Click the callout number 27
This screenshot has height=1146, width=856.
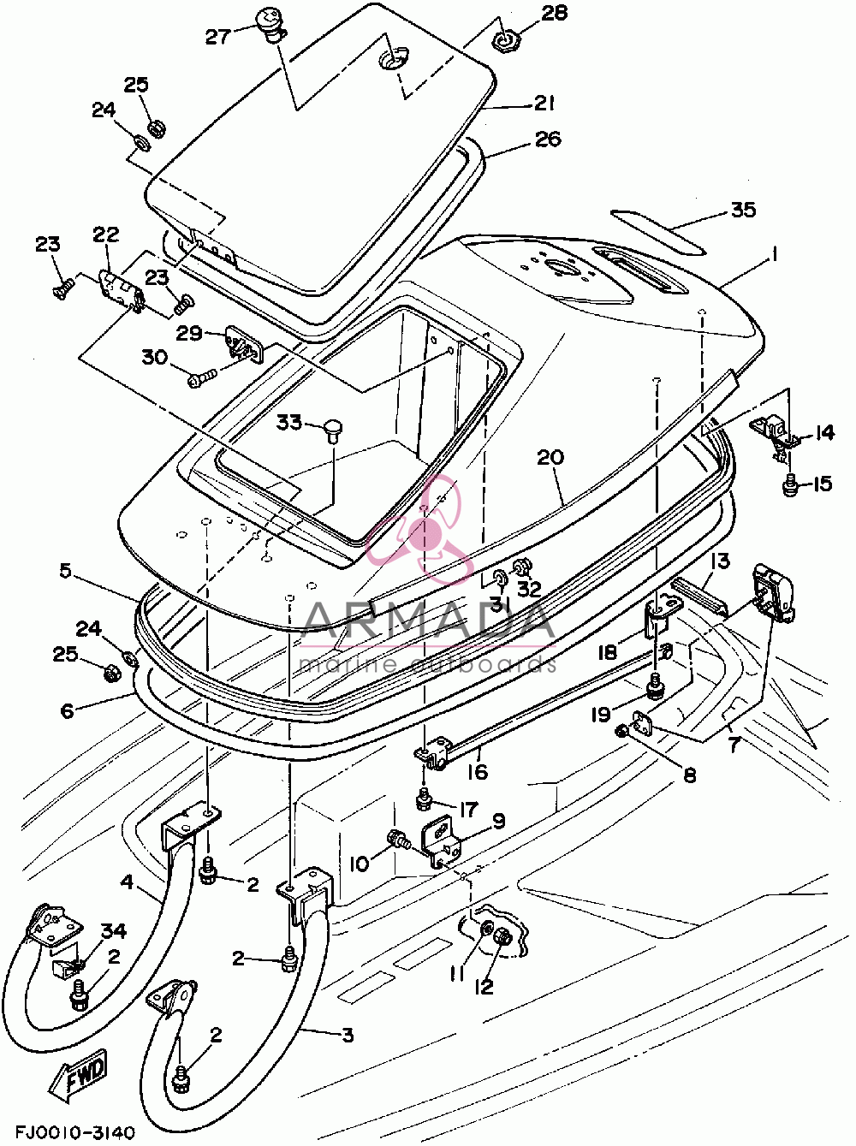click(218, 37)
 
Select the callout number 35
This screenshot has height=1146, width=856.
click(743, 210)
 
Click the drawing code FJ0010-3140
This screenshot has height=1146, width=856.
click(75, 1128)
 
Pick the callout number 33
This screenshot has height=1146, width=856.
click(289, 422)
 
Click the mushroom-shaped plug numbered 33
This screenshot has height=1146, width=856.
click(332, 429)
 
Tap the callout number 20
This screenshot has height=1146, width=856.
click(550, 457)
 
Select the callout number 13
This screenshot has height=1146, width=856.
click(720, 561)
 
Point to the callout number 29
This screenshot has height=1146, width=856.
click(189, 333)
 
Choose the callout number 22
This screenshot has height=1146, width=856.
click(106, 235)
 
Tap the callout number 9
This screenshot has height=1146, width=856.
click(498, 822)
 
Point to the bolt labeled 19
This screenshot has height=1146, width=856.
click(656, 687)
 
